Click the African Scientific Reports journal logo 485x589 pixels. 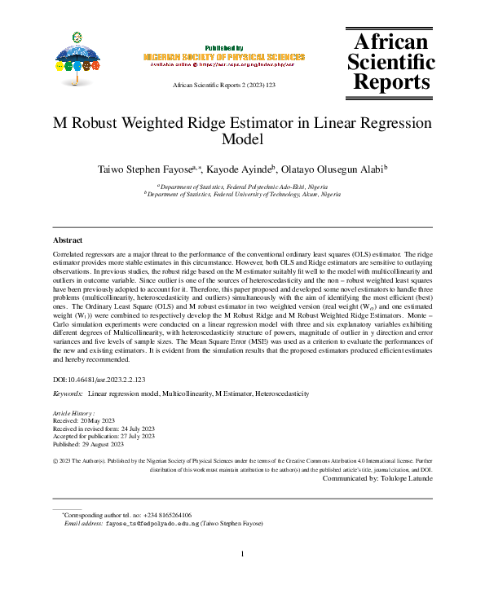coord(390,62)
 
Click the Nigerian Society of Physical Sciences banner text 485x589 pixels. coord(223,57)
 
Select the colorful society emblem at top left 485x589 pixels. coord(77,57)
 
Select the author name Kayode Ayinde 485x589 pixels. coord(245,169)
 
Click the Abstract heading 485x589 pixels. coord(68,240)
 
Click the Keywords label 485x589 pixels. coord(68,393)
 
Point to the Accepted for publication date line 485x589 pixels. coord(103,437)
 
